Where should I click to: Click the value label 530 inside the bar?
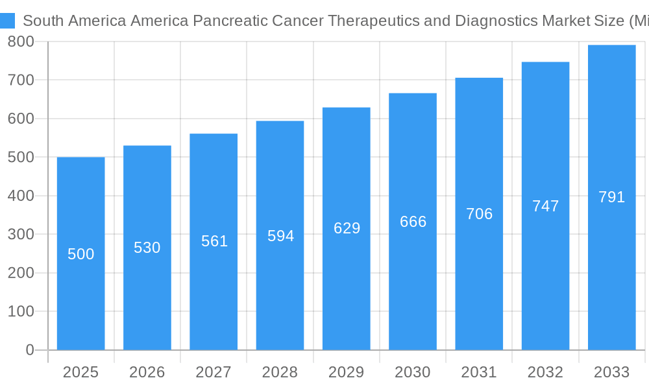[x=147, y=248]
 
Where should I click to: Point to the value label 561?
[x=214, y=241]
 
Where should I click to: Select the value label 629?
[x=347, y=228]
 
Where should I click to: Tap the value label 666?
[x=413, y=222]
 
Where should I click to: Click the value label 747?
[x=545, y=206]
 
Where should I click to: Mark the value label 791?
[x=611, y=197]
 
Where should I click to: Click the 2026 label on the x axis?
[x=147, y=372]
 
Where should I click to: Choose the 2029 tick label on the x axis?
[x=346, y=372]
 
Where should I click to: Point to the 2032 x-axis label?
[x=545, y=372]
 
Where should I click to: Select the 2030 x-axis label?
[x=413, y=372]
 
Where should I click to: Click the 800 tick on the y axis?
[x=21, y=41]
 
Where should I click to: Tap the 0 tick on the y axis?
[x=29, y=350]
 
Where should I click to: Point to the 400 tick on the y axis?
[x=21, y=196]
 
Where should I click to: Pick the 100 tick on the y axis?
[x=21, y=312]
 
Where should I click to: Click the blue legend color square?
[x=7, y=21]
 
